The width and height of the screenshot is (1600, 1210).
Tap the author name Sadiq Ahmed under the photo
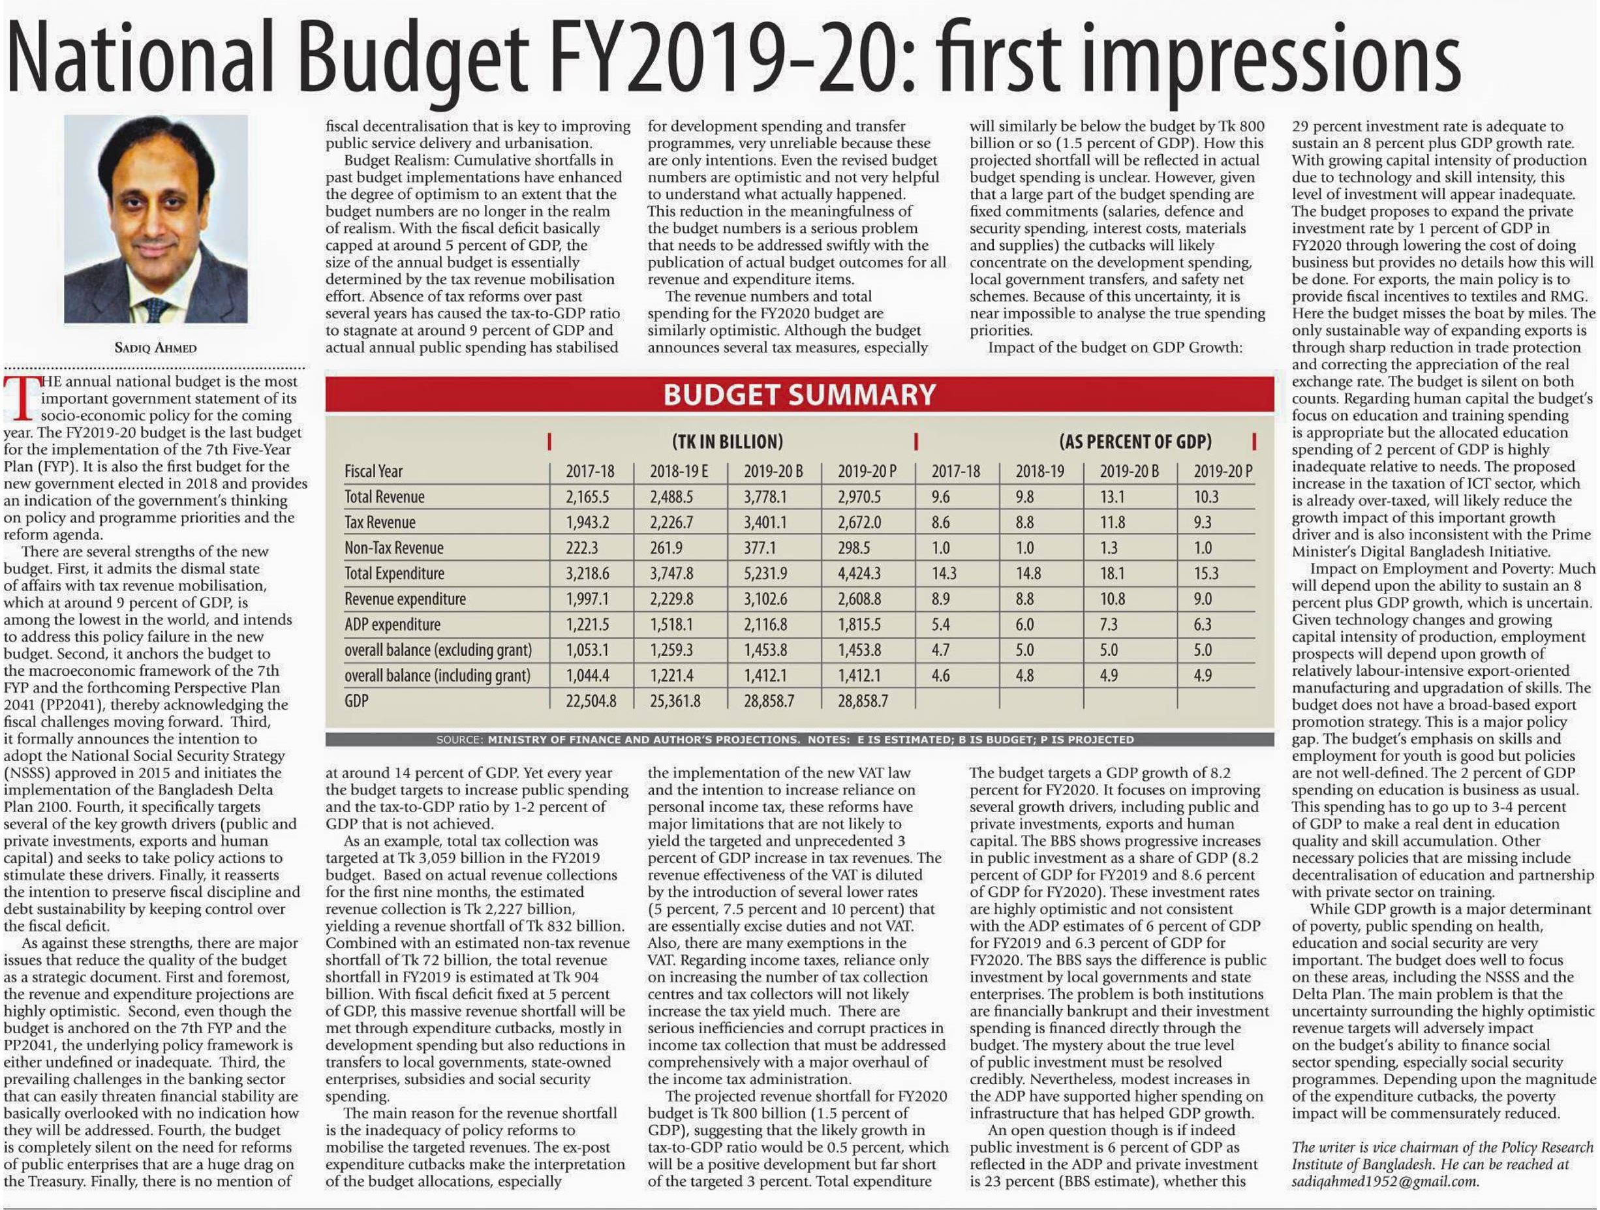pyautogui.click(x=155, y=348)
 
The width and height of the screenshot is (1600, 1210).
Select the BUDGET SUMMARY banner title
pyautogui.click(x=799, y=395)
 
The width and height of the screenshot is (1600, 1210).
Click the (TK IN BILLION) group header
pyautogui.click(x=728, y=441)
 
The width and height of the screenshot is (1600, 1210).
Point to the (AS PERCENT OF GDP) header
pyautogui.click(x=1135, y=441)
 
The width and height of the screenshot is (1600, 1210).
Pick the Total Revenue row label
pyautogui.click(x=384, y=497)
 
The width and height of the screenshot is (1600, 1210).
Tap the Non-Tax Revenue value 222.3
pyautogui.click(x=581, y=548)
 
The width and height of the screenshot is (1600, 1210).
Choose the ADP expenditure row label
pyautogui.click(x=392, y=624)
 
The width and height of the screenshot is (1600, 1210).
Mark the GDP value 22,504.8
pyautogui.click(x=591, y=701)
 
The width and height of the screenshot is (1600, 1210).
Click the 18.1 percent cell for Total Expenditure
pyautogui.click(x=1112, y=573)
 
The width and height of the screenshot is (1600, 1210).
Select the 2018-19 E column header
pyautogui.click(x=679, y=472)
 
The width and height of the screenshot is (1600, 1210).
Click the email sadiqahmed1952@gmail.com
pyautogui.click(x=1385, y=1181)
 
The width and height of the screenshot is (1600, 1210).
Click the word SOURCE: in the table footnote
pyautogui.click(x=459, y=740)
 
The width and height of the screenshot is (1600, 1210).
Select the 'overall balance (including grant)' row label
pyautogui.click(x=437, y=676)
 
